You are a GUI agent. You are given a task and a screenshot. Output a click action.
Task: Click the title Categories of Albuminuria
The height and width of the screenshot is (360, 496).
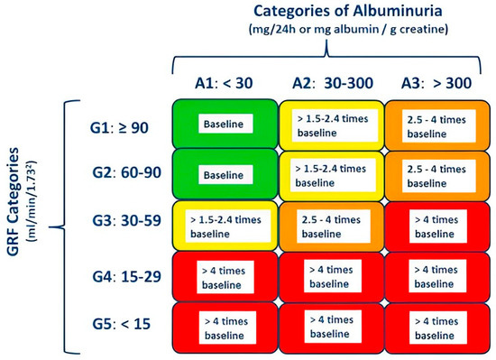[329, 12]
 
